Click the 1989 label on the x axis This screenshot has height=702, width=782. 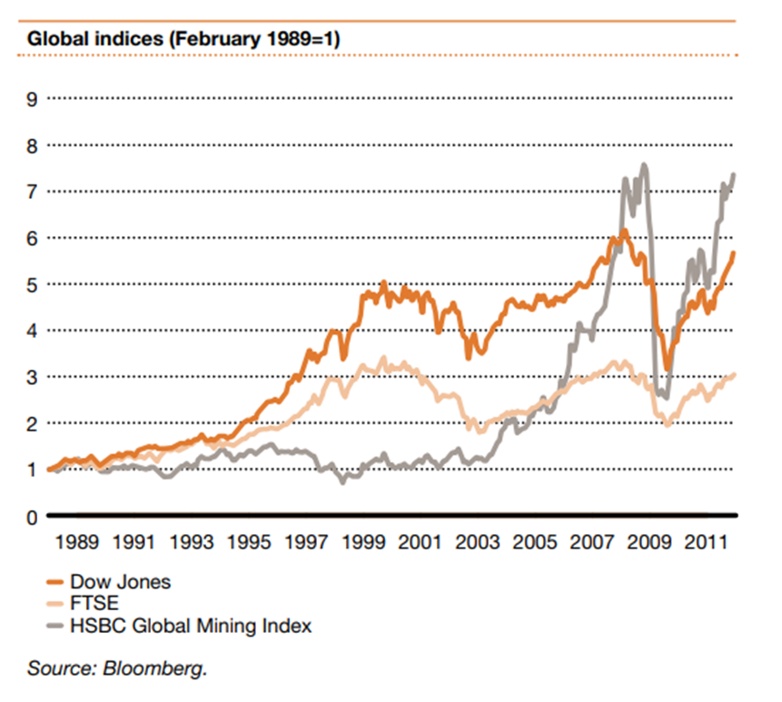pyautogui.click(x=76, y=544)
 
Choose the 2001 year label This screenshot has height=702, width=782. pyautogui.click(x=420, y=544)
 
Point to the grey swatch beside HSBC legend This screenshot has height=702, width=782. pyautogui.click(x=36, y=625)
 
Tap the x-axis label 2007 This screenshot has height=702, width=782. pyautogui.click(x=591, y=544)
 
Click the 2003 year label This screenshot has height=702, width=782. pyautogui.click(x=477, y=544)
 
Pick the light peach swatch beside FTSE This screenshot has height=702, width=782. pyautogui.click(x=36, y=602)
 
